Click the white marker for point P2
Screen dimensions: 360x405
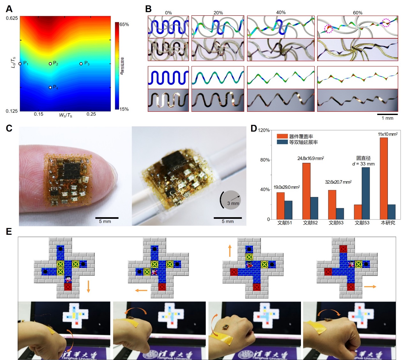click(x=50, y=64)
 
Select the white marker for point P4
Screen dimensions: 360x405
click(x=50, y=88)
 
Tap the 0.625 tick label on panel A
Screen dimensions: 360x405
click(x=12, y=18)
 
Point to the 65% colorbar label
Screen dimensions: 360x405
click(x=124, y=25)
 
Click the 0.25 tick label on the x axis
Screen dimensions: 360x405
click(x=91, y=114)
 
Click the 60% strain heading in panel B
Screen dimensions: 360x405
click(x=357, y=13)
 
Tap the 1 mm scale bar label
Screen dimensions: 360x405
click(x=387, y=118)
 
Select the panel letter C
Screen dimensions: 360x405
click(x=9, y=128)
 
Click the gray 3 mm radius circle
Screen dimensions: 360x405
click(x=231, y=200)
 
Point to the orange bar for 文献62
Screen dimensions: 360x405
click(x=306, y=191)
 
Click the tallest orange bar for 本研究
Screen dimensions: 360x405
click(x=384, y=178)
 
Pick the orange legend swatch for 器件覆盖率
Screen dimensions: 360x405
click(x=282, y=136)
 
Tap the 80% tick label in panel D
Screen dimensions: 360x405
click(x=265, y=160)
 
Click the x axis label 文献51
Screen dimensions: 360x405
click(x=284, y=223)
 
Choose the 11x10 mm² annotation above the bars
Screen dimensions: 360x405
click(x=387, y=134)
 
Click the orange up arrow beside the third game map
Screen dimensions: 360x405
click(x=229, y=251)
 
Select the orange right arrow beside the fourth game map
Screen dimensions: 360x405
click(x=370, y=287)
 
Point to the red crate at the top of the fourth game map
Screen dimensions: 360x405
click(x=343, y=249)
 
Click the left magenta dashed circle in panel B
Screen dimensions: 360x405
click(x=328, y=29)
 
